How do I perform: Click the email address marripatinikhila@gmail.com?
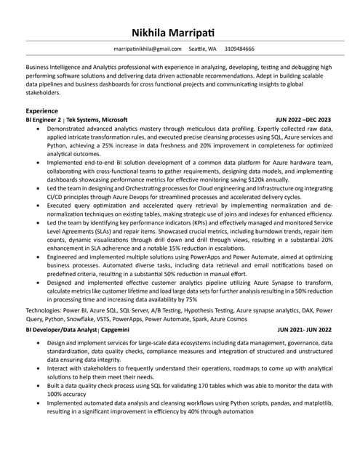point(148,49)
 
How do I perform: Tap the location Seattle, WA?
point(203,49)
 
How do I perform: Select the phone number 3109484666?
point(239,49)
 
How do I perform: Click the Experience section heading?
point(42,110)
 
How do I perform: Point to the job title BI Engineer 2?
point(44,119)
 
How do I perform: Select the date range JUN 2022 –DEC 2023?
point(303,119)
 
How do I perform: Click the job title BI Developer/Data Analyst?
point(61,329)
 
